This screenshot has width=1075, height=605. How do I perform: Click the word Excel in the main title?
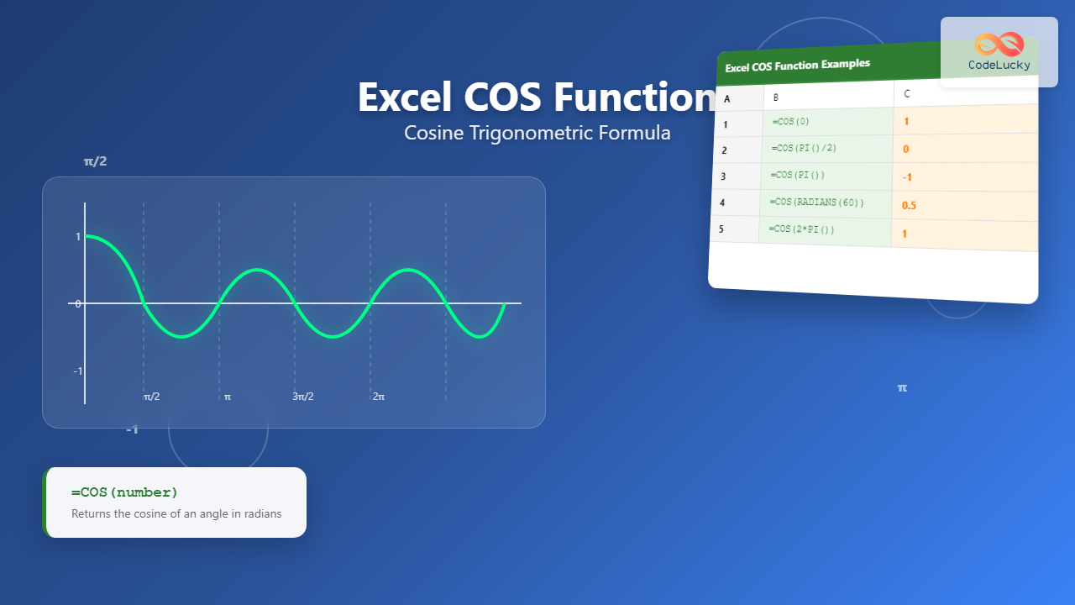406,97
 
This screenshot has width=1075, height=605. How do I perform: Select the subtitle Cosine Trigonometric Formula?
537,133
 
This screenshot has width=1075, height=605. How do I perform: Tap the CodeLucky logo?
999,52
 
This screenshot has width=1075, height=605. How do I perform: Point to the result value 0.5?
909,205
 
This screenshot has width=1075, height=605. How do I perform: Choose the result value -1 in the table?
907,177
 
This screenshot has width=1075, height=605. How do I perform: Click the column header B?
776,97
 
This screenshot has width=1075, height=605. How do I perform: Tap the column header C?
907,94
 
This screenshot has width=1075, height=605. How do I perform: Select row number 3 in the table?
723,176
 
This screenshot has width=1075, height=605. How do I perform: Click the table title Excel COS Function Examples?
797,64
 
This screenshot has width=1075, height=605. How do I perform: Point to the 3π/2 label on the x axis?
303,397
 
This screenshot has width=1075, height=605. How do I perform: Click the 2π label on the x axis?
379,397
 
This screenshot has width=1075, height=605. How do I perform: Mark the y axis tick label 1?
78,237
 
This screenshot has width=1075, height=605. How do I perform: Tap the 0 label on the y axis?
78,303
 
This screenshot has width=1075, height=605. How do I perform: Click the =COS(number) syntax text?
124,492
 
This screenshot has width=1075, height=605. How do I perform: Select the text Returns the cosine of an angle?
176,513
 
